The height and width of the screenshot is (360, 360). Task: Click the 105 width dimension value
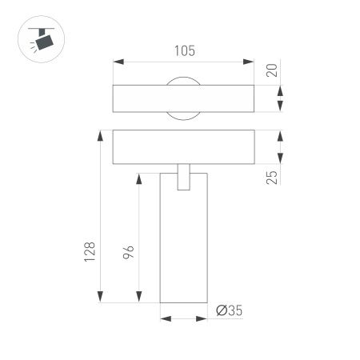[184, 51]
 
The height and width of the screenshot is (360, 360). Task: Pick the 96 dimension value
[128, 254]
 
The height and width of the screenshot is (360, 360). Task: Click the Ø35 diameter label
[229, 312]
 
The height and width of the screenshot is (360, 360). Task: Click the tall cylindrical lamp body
[184, 248]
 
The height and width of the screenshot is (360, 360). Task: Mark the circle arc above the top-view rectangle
[184, 78]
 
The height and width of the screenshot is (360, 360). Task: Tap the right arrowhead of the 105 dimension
[250, 61]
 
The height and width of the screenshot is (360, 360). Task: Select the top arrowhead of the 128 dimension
[101, 135]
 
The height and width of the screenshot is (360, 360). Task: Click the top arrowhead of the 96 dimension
[141, 177]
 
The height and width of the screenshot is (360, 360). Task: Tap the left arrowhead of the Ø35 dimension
[165, 318]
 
